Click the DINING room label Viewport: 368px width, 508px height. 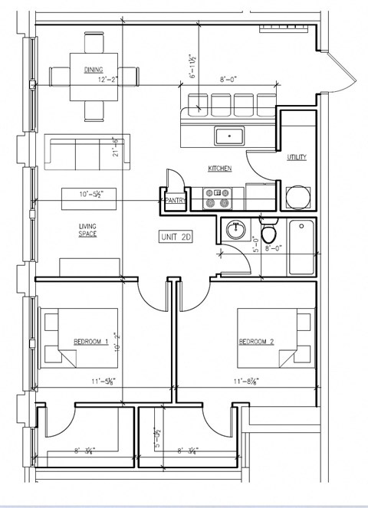click(x=94, y=70)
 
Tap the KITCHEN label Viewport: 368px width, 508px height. click(x=219, y=168)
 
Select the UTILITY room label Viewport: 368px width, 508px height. click(x=297, y=158)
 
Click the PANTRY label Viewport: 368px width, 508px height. click(x=175, y=201)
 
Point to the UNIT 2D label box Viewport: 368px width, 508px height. click(x=176, y=238)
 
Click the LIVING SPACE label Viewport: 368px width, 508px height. click(x=87, y=230)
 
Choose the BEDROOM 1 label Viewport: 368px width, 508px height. click(x=90, y=342)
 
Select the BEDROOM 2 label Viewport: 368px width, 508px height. click(x=255, y=342)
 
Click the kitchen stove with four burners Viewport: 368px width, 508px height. click(x=217, y=198)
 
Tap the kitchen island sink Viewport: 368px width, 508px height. click(x=228, y=136)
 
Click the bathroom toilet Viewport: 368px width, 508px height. click(x=269, y=232)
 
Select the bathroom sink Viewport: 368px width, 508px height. click(x=235, y=229)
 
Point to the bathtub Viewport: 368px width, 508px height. click(x=301, y=247)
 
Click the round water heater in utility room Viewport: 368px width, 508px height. click(x=297, y=198)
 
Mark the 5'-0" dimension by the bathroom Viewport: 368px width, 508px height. click(x=256, y=245)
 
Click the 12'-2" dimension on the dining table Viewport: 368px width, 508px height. click(x=107, y=79)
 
